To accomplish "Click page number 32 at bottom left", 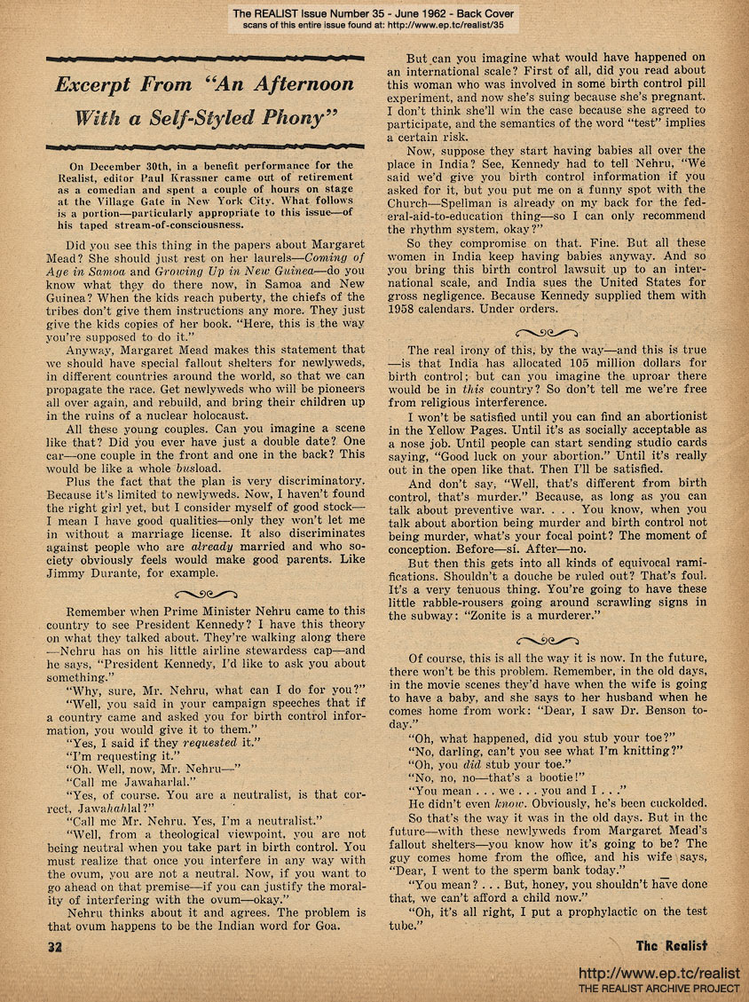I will point(55,946).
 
